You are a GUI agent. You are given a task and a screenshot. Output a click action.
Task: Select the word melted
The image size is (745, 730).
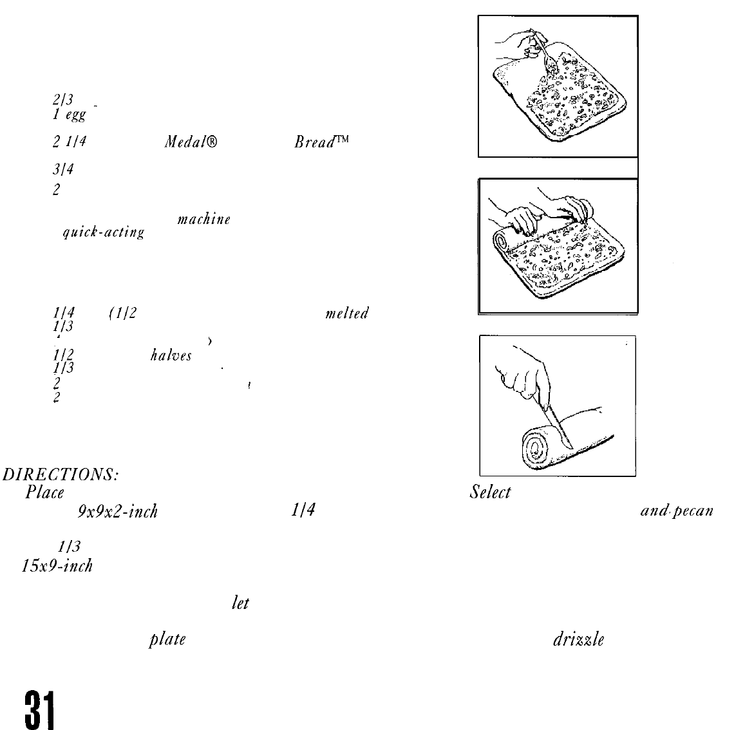tap(347, 314)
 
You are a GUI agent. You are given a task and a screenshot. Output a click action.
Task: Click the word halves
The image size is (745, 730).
tap(171, 355)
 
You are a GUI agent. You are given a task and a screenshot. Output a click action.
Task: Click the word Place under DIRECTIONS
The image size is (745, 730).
tap(45, 493)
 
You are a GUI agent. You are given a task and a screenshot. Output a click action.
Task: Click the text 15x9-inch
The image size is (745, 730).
tap(55, 566)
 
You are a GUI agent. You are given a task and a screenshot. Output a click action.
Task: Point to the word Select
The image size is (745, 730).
tap(490, 493)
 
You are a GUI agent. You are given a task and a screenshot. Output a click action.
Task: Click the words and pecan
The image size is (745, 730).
tap(676, 512)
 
